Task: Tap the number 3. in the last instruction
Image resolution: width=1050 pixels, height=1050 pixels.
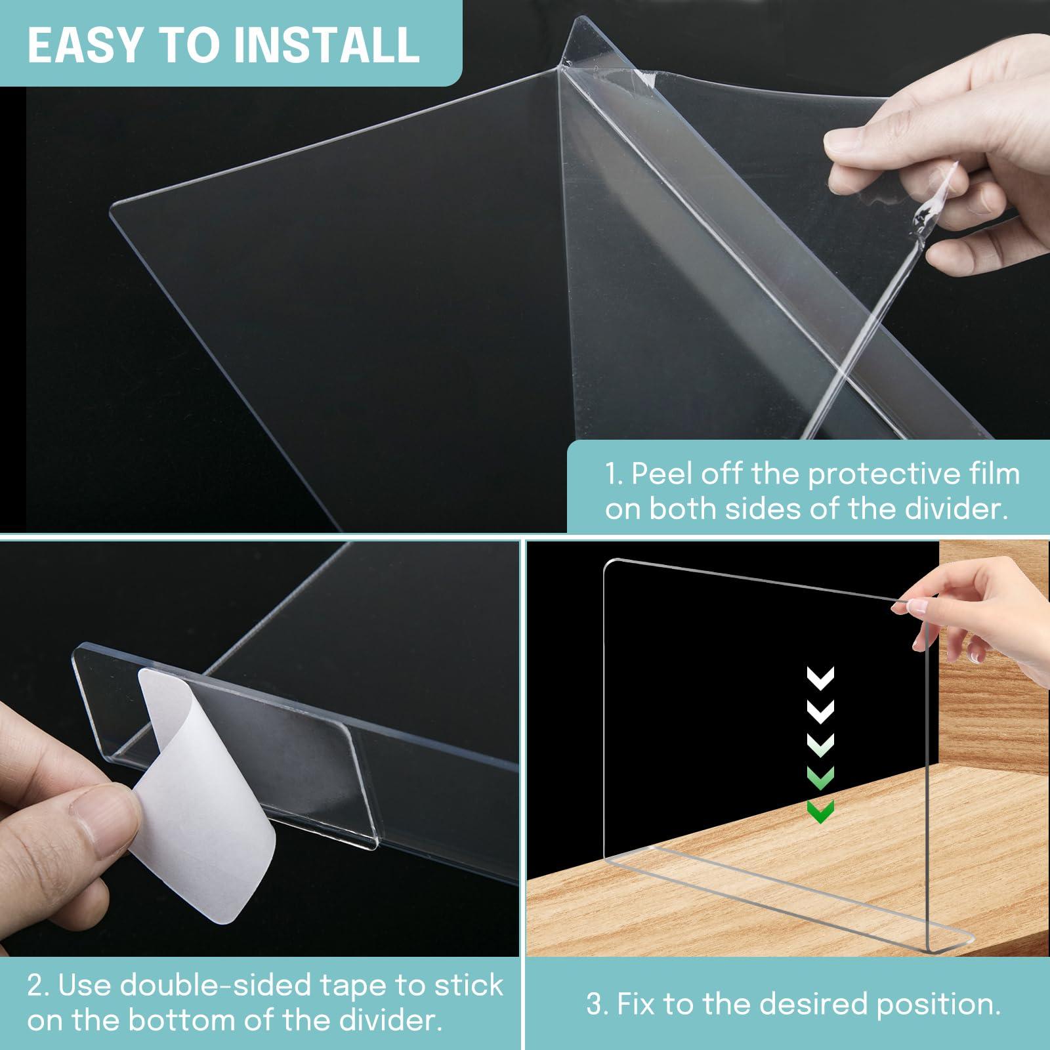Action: click(x=597, y=1005)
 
